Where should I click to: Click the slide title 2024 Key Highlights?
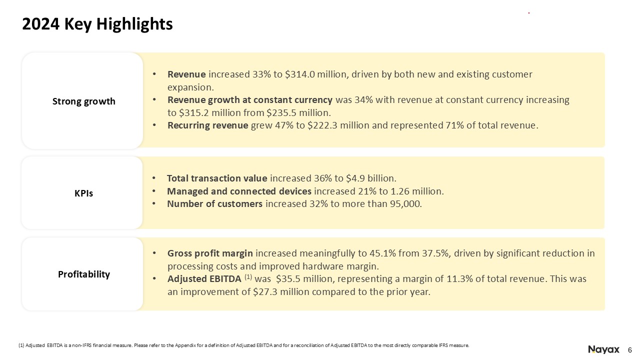(x=97, y=24)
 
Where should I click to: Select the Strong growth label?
(x=83, y=101)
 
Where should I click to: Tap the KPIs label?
(x=83, y=193)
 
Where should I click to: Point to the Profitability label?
(x=83, y=274)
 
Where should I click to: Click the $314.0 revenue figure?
(x=300, y=74)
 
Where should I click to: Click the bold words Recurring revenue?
(x=207, y=125)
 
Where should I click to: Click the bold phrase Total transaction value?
(x=217, y=178)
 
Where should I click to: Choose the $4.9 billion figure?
(x=371, y=178)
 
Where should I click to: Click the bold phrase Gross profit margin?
(x=210, y=253)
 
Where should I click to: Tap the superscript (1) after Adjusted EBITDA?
(x=248, y=277)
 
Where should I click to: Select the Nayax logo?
(x=603, y=349)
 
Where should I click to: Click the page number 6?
(x=629, y=350)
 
